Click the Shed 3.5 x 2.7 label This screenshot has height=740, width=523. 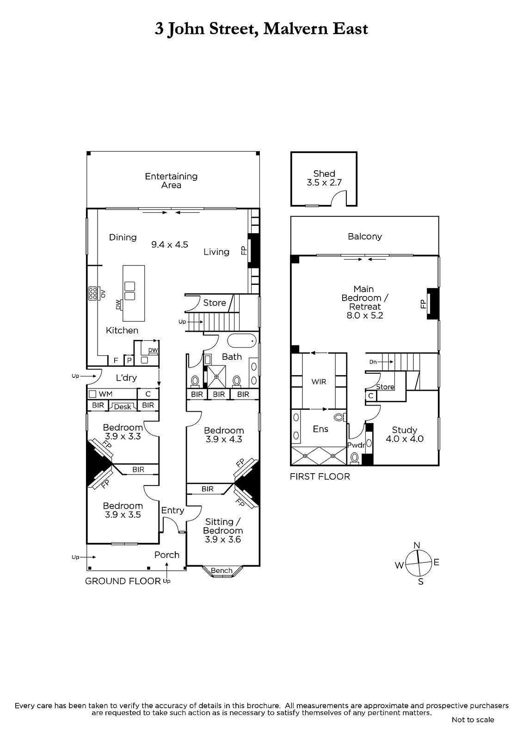coord(324,178)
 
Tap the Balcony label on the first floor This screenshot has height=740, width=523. coord(365,236)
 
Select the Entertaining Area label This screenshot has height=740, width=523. coord(171,181)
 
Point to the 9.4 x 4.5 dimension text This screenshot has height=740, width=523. coord(170,245)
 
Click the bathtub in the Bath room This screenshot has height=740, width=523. coord(242,340)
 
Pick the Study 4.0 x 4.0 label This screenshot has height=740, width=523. coord(405,434)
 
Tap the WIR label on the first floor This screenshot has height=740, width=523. coord(319,382)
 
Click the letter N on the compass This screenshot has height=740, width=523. coord(417,545)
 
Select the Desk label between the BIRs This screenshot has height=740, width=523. coord(123,407)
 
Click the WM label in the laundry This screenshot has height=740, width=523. coord(106,394)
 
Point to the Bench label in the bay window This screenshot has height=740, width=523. coord(222,570)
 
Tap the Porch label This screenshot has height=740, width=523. coord(167,555)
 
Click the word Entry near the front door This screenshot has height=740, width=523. coord(172,511)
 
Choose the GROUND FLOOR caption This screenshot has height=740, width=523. coord(123,581)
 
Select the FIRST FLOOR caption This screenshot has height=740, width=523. coord(320,476)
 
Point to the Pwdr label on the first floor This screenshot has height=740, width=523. coord(356,445)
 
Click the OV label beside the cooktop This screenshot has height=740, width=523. coord(103,294)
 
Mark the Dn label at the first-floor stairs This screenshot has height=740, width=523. coord(373,362)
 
